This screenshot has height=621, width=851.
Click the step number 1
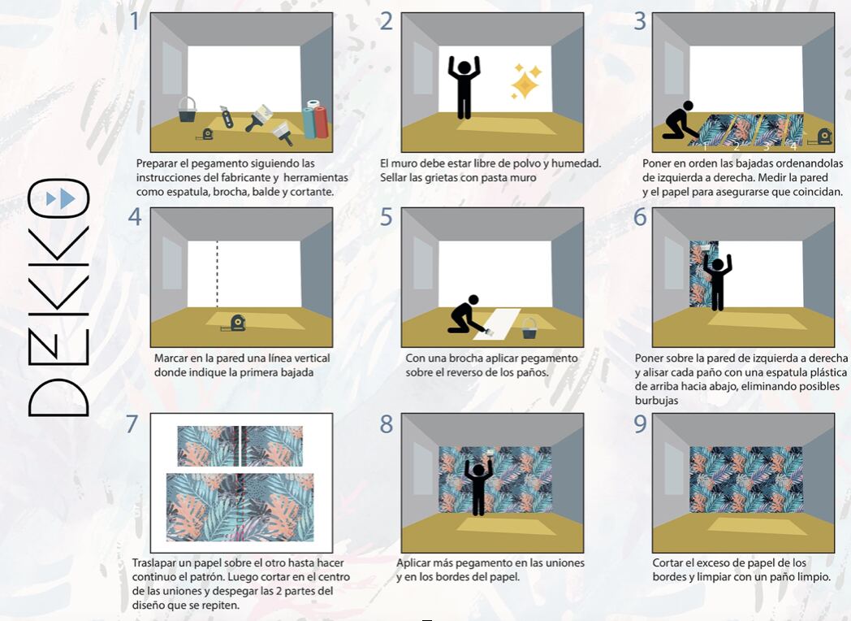click(135, 22)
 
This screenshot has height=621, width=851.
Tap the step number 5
click(386, 217)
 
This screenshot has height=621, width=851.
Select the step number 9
click(641, 423)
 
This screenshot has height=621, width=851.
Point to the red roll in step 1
click(320, 122)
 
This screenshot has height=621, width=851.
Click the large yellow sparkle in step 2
click(525, 85)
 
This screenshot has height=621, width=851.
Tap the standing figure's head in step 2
click(464, 67)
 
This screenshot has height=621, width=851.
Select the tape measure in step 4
click(235, 324)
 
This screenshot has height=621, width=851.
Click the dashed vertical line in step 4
click(217, 275)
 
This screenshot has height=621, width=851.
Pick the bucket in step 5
click(529, 328)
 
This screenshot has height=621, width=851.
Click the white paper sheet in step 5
click(497, 324)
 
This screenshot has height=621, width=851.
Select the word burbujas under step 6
click(657, 401)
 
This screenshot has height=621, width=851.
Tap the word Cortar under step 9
click(668, 562)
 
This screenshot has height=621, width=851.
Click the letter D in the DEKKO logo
click(58, 397)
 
